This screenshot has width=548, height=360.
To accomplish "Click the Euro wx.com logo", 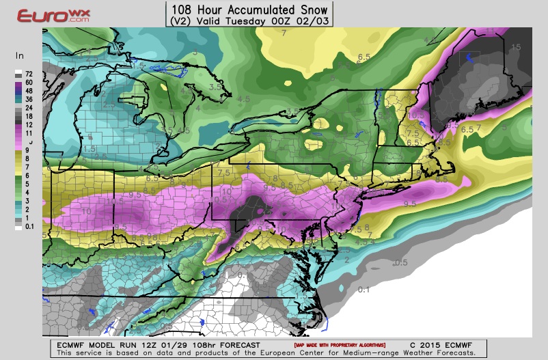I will coord(45,16).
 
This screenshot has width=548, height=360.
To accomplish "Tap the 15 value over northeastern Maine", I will coord(516,46).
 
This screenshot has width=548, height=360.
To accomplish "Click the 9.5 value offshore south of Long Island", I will coord(410,204).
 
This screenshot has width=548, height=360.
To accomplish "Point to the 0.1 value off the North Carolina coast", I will coord(364,290).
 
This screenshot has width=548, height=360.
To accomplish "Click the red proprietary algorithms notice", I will coord(340,344).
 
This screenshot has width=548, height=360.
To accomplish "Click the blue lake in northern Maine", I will coord(468,59).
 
